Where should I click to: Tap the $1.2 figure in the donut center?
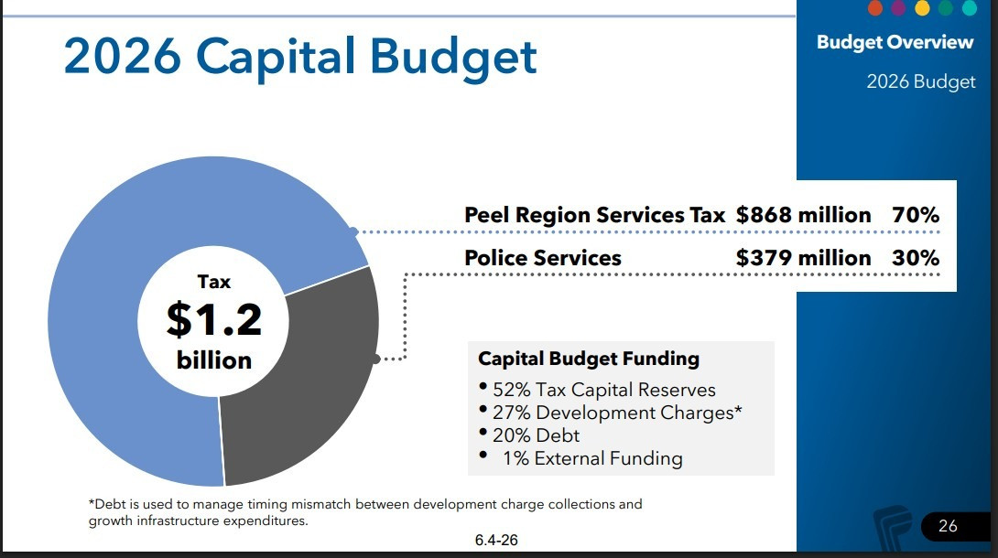pyautogui.click(x=214, y=319)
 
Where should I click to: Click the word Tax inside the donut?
pyautogui.click(x=214, y=282)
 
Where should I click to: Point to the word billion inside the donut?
pyautogui.click(x=214, y=360)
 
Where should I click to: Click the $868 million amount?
pyautogui.click(x=803, y=215)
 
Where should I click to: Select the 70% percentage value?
pyautogui.click(x=916, y=215)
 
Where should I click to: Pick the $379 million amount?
pyautogui.click(x=803, y=257)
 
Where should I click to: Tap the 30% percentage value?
pyautogui.click(x=916, y=257)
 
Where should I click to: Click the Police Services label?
pyautogui.click(x=543, y=257)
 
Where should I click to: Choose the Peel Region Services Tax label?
pyautogui.click(x=594, y=215)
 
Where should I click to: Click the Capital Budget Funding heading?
pyautogui.click(x=589, y=359)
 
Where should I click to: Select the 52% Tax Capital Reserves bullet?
pyautogui.click(x=604, y=390)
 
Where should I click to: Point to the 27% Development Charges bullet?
pyautogui.click(x=617, y=413)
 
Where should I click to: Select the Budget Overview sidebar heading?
pyautogui.click(x=895, y=42)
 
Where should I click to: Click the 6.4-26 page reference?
pyautogui.click(x=496, y=541)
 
